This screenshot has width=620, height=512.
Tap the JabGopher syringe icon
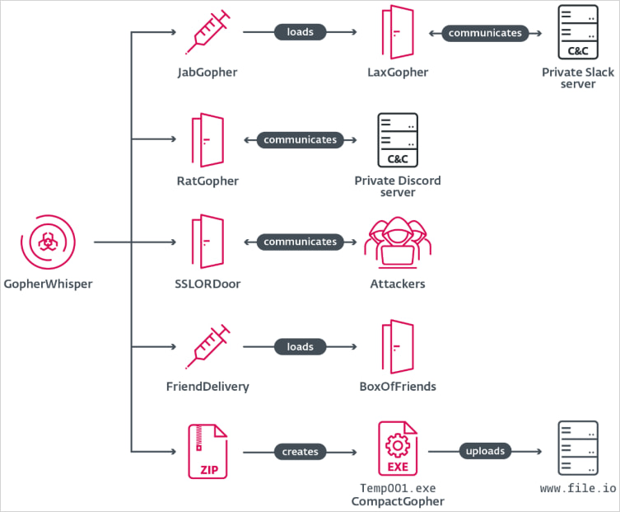click(x=207, y=33)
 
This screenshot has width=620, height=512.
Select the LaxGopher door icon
click(x=397, y=33)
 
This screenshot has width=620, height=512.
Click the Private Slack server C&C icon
click(x=578, y=31)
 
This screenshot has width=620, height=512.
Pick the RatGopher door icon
click(x=207, y=139)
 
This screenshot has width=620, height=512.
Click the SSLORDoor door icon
click(x=207, y=242)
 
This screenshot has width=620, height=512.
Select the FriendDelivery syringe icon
click(x=207, y=346)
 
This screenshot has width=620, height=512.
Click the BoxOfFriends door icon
click(x=397, y=346)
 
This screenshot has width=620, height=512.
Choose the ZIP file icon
click(x=207, y=452)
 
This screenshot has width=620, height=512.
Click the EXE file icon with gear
click(x=398, y=450)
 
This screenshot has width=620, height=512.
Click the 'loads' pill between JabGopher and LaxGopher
click(x=300, y=33)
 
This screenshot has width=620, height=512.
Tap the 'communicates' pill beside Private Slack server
click(x=485, y=33)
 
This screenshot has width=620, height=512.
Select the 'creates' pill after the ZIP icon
click(x=300, y=452)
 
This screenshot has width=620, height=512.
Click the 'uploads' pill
click(x=485, y=451)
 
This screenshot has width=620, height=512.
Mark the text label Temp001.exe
click(x=398, y=488)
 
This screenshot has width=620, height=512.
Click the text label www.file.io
click(x=578, y=489)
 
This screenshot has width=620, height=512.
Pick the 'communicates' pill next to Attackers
click(x=300, y=242)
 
